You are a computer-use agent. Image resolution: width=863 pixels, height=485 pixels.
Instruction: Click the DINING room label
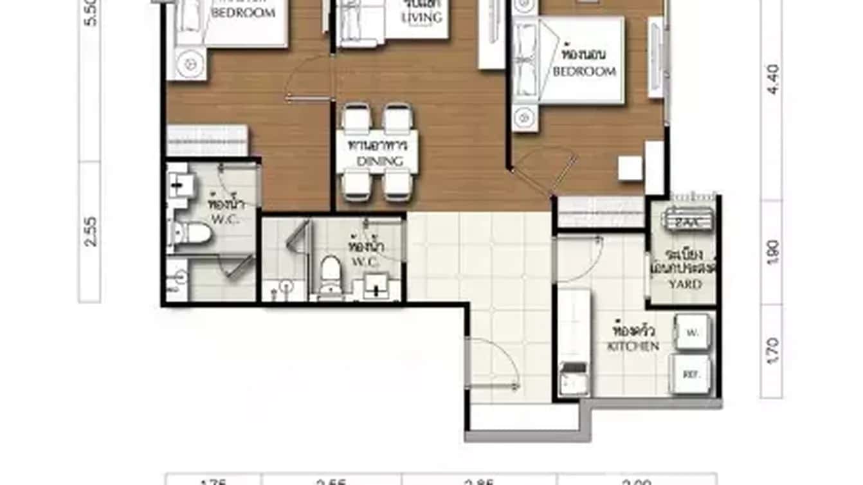click(x=379, y=161)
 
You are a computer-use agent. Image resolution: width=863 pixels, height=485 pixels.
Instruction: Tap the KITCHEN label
click(x=633, y=346)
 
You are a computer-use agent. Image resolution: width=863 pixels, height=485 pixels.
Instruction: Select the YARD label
click(x=685, y=284)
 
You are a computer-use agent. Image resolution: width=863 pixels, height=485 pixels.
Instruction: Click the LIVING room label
click(x=421, y=17)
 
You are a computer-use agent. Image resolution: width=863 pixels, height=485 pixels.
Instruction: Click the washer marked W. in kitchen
click(x=692, y=333)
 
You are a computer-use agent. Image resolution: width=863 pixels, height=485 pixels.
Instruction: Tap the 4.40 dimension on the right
click(x=773, y=78)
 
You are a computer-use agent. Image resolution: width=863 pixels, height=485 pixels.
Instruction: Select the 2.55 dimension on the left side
click(x=90, y=231)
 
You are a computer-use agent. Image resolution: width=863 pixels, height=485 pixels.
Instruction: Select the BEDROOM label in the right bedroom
click(x=585, y=71)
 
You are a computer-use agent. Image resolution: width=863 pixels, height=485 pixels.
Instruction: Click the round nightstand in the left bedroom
click(x=189, y=64)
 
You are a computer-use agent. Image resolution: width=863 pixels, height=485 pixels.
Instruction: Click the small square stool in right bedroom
click(x=630, y=168)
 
